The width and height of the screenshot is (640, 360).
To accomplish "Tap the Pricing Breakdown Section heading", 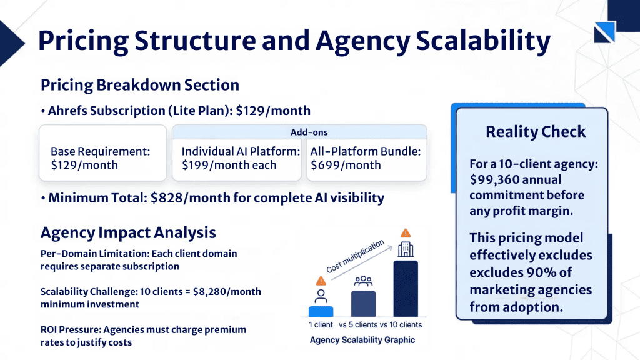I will (x=139, y=85).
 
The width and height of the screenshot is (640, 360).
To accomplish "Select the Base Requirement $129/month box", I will (x=102, y=158).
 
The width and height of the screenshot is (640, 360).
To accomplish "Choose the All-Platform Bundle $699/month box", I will (x=366, y=158).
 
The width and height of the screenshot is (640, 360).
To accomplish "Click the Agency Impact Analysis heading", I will (x=128, y=233).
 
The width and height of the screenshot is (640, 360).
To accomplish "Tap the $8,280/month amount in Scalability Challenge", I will (x=227, y=292).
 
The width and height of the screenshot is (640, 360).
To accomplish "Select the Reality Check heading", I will (x=536, y=132).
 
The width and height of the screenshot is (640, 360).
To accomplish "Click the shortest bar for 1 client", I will (x=321, y=311).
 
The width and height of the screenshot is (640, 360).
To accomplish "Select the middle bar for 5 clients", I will (x=363, y=303).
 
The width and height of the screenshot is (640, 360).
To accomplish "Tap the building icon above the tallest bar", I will (x=406, y=249).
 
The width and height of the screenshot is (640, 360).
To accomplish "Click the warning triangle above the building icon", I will (x=406, y=232).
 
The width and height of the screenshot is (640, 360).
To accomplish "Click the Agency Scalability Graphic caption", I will (x=362, y=340).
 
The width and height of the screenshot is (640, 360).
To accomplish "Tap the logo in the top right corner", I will (x=604, y=32).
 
